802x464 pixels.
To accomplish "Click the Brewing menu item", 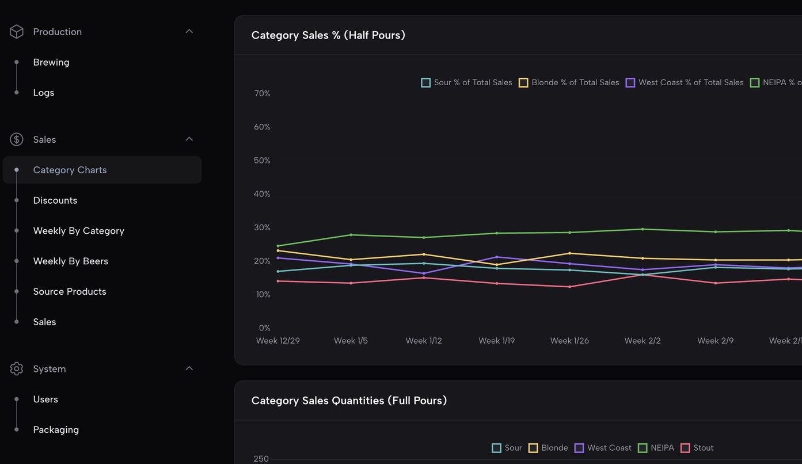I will [x=51, y=62].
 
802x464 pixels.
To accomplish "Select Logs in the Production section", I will [x=44, y=93].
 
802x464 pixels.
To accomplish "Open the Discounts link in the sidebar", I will [x=55, y=200].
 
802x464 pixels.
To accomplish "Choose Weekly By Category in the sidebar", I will [x=79, y=231].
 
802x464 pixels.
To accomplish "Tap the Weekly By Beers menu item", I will [x=71, y=261].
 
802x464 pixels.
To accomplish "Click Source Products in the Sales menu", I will [x=70, y=292].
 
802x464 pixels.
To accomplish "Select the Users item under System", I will [x=45, y=400].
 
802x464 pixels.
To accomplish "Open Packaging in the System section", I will [x=56, y=430].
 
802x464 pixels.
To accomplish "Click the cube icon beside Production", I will [x=17, y=32].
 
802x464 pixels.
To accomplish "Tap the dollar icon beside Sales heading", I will [x=17, y=139].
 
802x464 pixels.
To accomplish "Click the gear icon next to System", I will [x=17, y=369].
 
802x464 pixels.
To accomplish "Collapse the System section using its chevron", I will [x=189, y=368].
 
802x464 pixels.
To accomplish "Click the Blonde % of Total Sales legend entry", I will [x=569, y=83].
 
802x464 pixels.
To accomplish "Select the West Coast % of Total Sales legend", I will [x=685, y=83].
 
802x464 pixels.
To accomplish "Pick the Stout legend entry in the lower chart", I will [x=697, y=448].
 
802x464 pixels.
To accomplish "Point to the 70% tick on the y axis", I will [x=262, y=93].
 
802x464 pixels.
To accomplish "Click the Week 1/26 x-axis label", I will [x=569, y=341].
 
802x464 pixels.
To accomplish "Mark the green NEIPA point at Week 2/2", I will [x=643, y=229].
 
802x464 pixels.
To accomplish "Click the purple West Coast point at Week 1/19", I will [x=497, y=257].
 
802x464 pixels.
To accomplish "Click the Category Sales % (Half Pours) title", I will [x=328, y=35].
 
